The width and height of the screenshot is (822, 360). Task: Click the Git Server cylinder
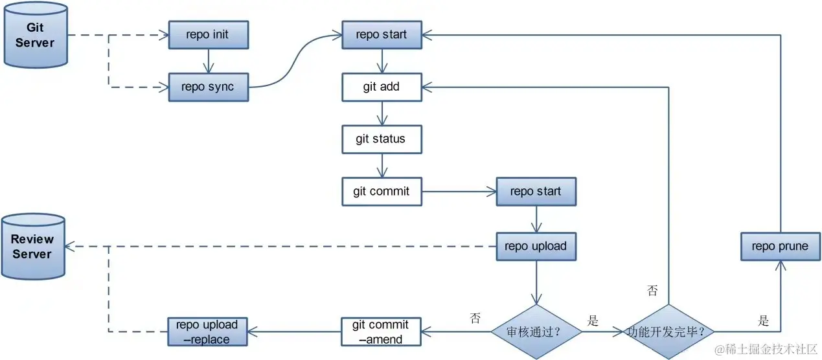click(x=36, y=35)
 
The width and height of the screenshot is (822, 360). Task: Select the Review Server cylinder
click(x=33, y=247)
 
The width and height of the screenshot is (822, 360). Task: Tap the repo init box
click(x=209, y=35)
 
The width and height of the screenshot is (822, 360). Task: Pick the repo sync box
click(x=209, y=87)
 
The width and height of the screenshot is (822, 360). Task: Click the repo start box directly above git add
click(x=382, y=35)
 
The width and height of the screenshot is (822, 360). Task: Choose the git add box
click(x=382, y=87)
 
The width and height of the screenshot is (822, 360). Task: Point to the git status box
click(x=382, y=139)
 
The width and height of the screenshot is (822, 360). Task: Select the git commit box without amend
click(x=382, y=192)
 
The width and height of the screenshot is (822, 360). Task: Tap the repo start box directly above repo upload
click(x=536, y=192)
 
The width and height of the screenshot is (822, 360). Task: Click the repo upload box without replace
click(x=536, y=247)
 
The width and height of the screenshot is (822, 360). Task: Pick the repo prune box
click(x=781, y=247)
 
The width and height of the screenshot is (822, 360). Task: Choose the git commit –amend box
click(x=381, y=332)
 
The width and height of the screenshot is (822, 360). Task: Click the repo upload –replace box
click(x=208, y=332)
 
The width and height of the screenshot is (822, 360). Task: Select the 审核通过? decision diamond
click(x=536, y=332)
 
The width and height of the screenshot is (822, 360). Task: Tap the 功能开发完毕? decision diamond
click(x=668, y=332)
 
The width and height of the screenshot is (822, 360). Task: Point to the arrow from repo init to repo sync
click(x=209, y=62)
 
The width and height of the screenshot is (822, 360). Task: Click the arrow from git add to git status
click(x=382, y=113)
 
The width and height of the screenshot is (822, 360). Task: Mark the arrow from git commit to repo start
click(x=459, y=192)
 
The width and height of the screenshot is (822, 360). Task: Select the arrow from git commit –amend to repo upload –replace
click(x=294, y=332)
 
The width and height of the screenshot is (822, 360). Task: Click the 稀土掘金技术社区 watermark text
click(x=766, y=350)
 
